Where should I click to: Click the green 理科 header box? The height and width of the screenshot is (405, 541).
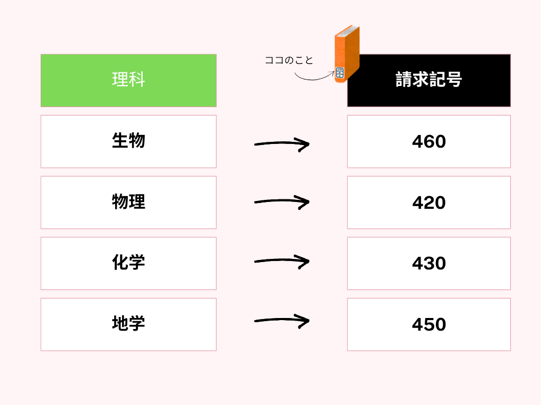point(129,80)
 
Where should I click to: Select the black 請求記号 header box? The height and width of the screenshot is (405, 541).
point(429,80)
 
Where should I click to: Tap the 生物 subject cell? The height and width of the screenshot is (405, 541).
point(129,141)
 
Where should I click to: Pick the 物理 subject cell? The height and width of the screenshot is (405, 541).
point(129,202)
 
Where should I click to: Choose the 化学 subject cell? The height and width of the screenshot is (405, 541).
point(129,264)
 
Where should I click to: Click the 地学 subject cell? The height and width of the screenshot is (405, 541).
point(129,324)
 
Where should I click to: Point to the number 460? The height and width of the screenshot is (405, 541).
point(429,141)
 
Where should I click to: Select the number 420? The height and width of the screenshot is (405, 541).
point(429,202)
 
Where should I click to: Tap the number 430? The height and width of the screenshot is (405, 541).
point(429,264)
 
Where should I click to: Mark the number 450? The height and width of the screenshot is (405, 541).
point(429,324)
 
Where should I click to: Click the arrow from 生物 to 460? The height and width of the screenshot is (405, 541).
point(282,143)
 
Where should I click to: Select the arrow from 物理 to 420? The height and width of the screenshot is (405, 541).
point(282,201)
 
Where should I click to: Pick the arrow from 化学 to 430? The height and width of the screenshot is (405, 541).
point(282,261)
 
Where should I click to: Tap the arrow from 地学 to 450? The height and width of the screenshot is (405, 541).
point(282,320)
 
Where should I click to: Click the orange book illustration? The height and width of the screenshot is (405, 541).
point(347,54)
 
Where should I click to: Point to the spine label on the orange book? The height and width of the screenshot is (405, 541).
point(340,73)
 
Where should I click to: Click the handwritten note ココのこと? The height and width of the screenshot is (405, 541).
point(289,60)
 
